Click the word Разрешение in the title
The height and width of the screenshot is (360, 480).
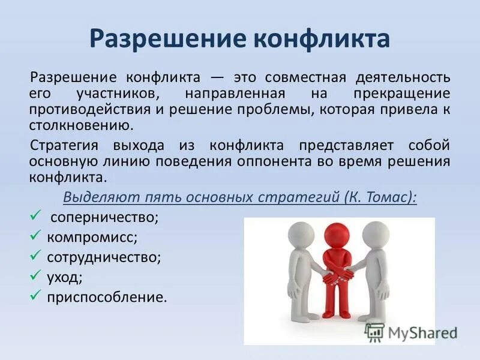tap(155, 38)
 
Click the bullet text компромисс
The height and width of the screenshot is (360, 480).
tap(92, 237)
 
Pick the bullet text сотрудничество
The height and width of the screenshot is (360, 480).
tap(104, 257)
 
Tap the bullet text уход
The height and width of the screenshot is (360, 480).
tap(65, 277)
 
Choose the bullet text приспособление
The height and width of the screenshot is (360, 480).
tap(107, 298)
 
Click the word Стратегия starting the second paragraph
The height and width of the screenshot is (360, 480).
tap(64, 146)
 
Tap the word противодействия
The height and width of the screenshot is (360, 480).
tap(81, 110)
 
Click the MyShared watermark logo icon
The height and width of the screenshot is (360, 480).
tap(374, 332)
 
